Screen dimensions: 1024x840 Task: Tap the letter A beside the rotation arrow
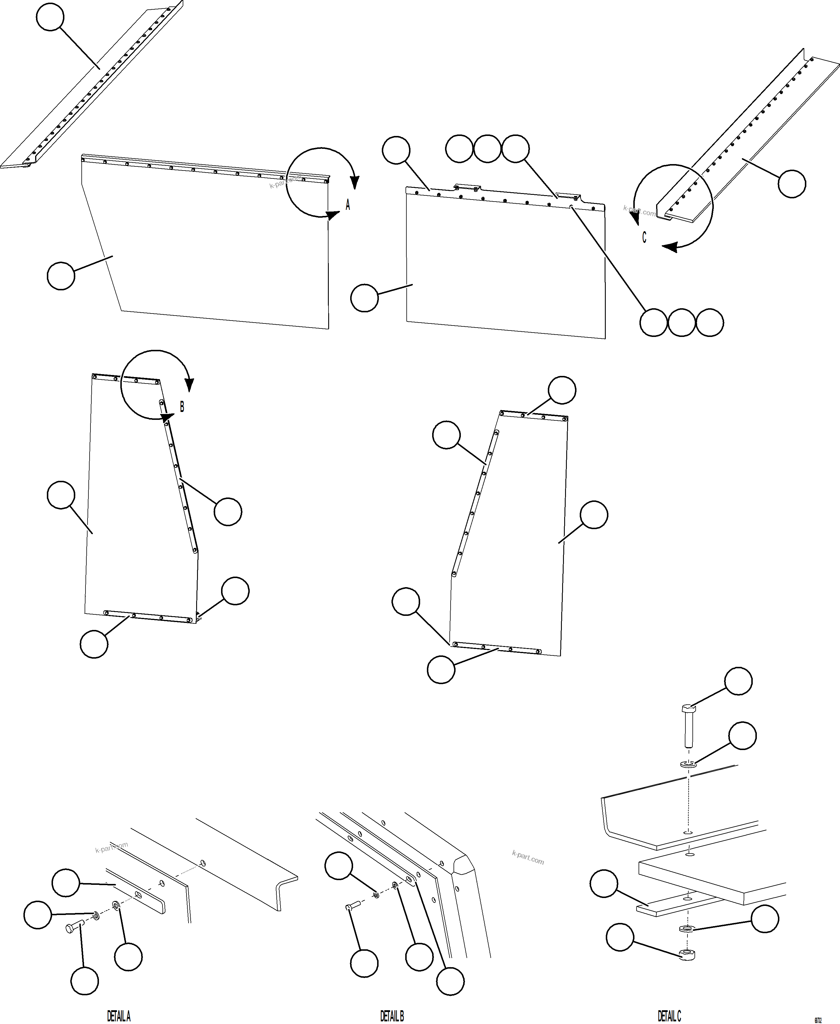pos(348,205)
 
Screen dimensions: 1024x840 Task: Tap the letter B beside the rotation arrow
pos(182,407)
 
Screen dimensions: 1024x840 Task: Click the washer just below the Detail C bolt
pos(687,764)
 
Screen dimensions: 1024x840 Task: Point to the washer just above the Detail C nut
pos(686,928)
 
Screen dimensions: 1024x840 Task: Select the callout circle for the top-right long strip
pos(792,183)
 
